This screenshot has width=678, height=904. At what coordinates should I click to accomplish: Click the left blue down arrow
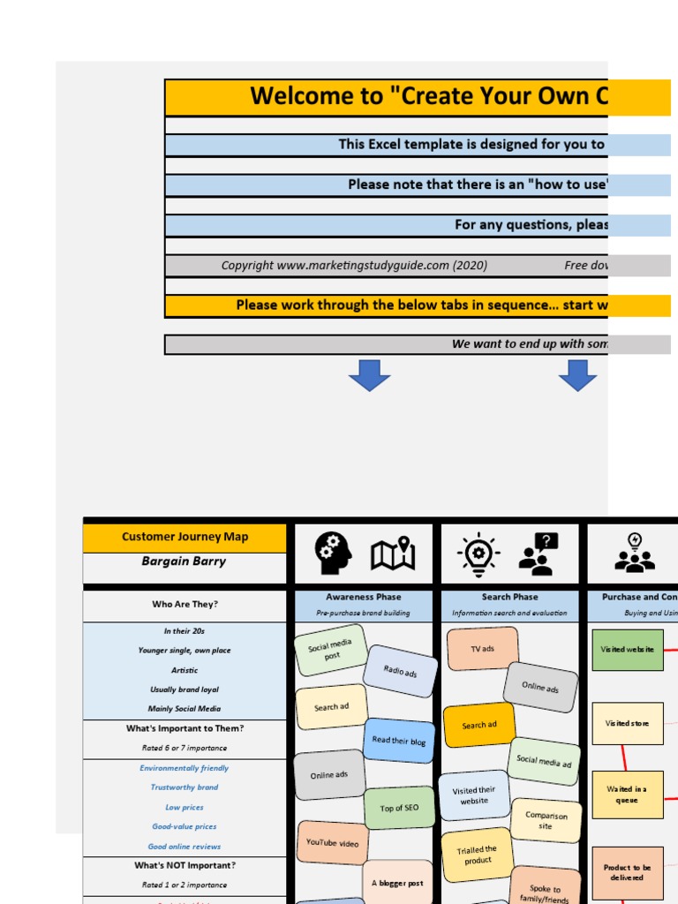point(369,375)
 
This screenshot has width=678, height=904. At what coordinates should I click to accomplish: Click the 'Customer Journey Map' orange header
point(185,537)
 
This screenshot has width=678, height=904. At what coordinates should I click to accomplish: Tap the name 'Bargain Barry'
point(185,561)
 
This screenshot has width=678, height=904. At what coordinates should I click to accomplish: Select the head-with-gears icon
point(333,554)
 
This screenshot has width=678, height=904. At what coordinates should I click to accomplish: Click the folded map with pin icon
point(393,554)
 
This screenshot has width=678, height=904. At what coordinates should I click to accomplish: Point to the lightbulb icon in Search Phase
point(478,554)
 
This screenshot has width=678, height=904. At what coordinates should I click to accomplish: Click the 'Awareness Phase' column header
point(363,598)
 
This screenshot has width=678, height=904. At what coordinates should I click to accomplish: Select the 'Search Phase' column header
point(509,598)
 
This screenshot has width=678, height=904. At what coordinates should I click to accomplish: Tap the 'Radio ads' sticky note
point(400,671)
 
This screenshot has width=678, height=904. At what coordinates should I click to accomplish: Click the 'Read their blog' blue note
point(399,741)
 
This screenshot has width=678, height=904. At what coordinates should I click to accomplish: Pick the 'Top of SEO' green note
point(399,807)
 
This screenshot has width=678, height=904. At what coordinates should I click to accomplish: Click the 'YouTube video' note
point(332,843)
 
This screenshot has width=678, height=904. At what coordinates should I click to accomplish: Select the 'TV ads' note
point(482,649)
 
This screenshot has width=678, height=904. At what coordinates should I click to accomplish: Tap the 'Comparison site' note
point(546,821)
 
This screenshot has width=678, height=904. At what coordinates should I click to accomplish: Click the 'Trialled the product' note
point(477,855)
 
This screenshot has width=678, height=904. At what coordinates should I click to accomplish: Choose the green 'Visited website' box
point(627,650)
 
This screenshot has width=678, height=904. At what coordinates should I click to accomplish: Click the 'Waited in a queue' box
point(627,795)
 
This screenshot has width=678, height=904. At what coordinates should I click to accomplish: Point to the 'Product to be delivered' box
point(627,872)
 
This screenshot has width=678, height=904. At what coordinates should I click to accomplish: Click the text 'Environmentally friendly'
point(185,768)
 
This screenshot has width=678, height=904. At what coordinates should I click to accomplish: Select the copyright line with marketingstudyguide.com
point(354,266)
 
